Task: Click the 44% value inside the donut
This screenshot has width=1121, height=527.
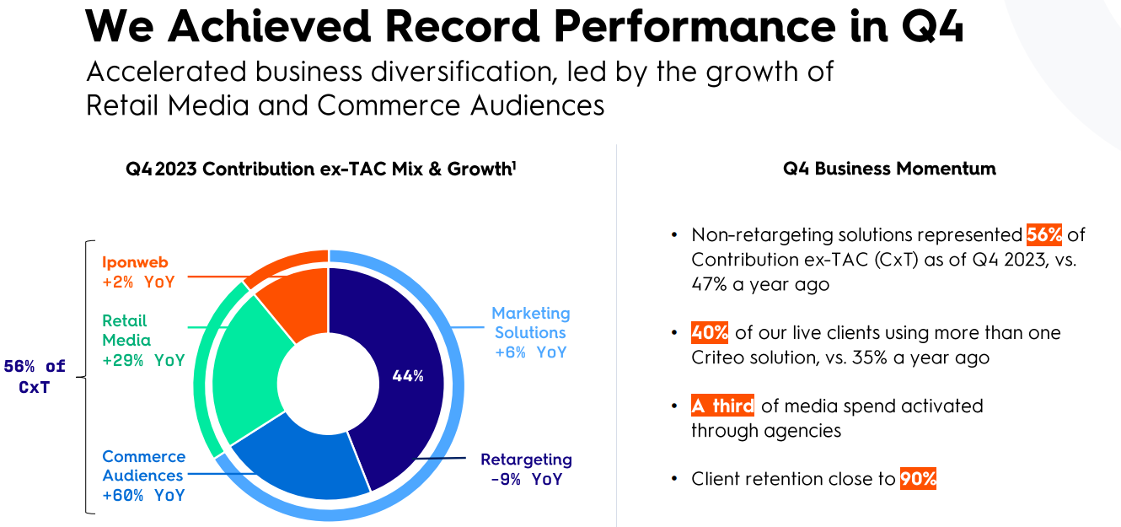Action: point(408,376)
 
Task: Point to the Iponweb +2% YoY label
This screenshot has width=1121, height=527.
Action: point(138,272)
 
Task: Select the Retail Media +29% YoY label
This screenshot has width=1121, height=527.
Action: point(142,341)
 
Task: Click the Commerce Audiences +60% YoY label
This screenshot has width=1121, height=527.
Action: point(143,476)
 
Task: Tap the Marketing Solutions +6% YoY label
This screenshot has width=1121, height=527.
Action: point(530,332)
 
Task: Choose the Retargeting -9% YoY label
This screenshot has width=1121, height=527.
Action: point(526,470)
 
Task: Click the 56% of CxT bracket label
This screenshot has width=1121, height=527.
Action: point(35,377)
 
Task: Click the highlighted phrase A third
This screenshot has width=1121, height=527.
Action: point(722,406)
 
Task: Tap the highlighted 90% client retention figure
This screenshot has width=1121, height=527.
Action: point(918,479)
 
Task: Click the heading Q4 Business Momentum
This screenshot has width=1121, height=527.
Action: point(889,169)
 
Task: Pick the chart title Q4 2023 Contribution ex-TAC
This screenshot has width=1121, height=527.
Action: point(321,169)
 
